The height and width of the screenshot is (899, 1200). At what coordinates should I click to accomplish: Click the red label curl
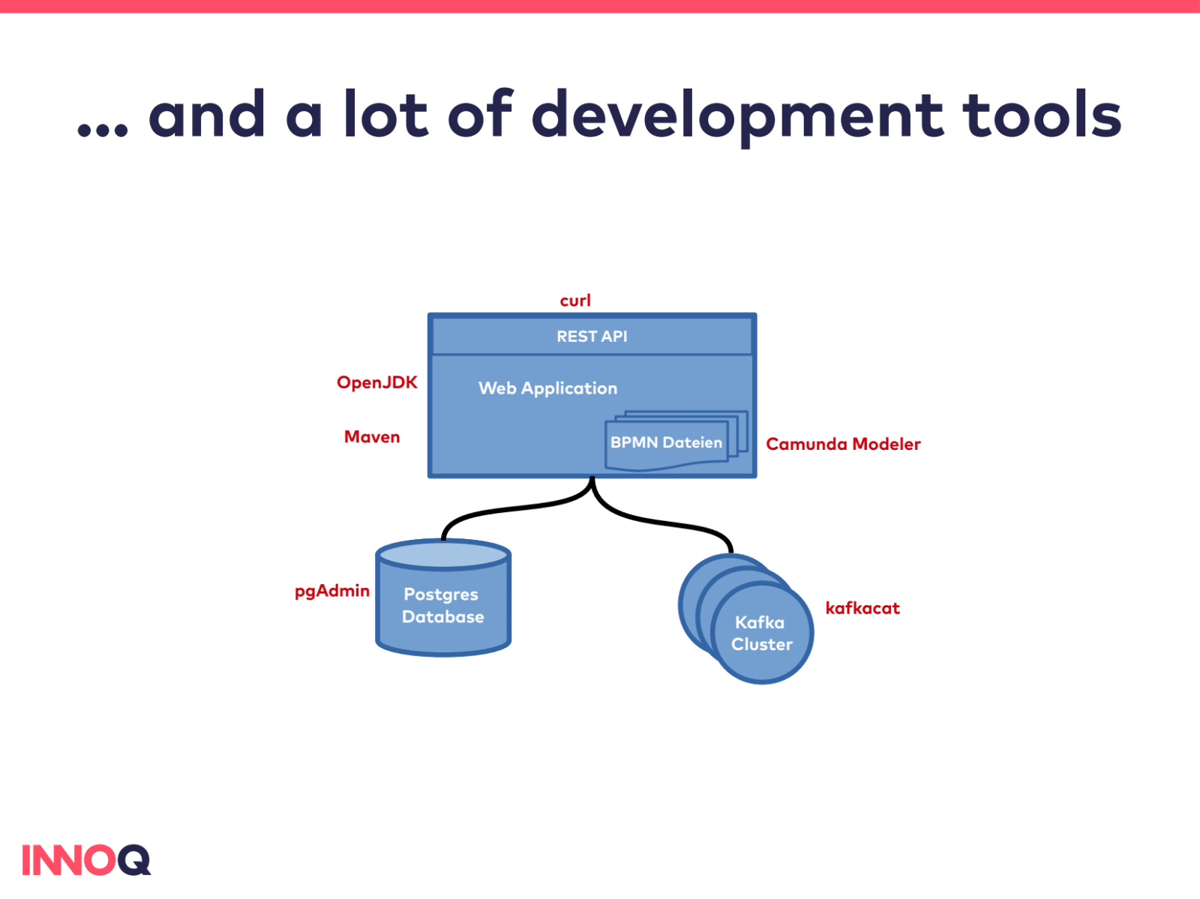575,301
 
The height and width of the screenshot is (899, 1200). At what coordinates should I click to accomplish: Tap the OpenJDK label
376,382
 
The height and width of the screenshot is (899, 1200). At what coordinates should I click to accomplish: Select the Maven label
372,437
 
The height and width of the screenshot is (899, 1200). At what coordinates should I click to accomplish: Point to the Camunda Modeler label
843,444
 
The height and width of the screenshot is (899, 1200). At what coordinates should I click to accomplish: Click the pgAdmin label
331,591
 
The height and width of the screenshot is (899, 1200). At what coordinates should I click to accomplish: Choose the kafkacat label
862,608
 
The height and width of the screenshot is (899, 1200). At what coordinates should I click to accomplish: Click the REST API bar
592,337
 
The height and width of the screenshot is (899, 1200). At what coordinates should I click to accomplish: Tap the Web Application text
547,388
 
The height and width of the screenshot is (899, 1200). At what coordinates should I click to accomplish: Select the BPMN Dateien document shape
666,443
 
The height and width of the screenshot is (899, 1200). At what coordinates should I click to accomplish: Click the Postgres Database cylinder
443,606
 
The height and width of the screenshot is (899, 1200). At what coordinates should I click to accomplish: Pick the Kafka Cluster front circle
762,634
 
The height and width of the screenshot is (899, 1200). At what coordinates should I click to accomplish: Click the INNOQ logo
86,860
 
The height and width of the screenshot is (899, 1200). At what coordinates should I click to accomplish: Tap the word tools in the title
1042,115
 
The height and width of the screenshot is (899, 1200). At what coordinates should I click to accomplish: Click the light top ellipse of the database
443,555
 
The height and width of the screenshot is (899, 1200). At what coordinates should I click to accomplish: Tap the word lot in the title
385,115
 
